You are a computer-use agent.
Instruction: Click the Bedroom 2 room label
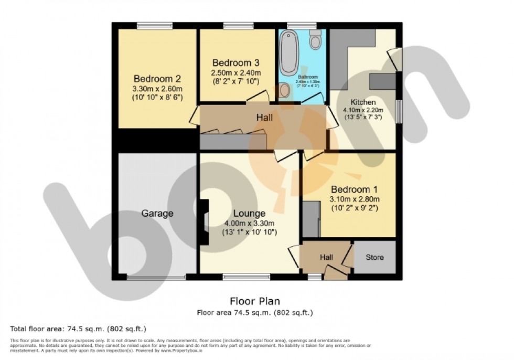pos(157,79)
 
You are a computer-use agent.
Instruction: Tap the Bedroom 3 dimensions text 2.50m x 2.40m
pos(236,72)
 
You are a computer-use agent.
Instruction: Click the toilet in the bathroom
pos(315,40)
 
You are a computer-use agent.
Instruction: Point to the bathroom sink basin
pos(284,91)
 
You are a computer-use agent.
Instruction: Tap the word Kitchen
pos(362,102)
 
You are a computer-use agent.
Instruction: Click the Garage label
pos(157,214)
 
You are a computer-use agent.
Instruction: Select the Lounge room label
pos(249,214)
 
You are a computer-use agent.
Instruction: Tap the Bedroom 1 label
pos(354,189)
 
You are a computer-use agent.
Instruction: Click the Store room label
pos(374,257)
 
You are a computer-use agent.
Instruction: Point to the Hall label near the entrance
pos(326,257)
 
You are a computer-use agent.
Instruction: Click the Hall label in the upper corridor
pos(264,118)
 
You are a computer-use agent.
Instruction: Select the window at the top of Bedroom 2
pos(155,25)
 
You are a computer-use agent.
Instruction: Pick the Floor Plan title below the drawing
pos(255,301)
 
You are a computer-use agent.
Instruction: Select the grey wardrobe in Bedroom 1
pos(311,218)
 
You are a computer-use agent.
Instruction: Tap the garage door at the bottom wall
pos(156,277)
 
